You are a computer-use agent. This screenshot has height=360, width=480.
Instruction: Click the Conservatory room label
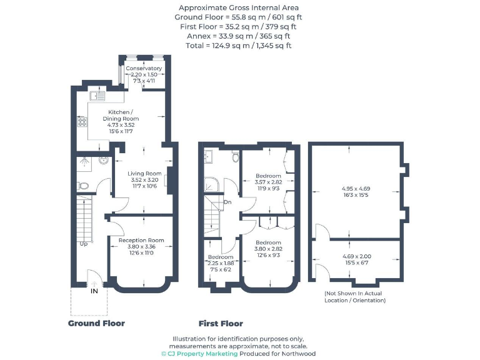[144, 68]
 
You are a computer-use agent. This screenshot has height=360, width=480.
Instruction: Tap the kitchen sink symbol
[97, 96]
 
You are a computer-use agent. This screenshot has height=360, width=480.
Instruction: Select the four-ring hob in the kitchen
[81, 122]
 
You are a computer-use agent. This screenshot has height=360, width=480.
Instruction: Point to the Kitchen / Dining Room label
[124, 115]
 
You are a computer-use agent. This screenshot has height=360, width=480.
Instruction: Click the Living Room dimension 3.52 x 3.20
[145, 179]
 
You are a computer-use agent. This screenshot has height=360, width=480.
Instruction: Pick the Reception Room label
[141, 240]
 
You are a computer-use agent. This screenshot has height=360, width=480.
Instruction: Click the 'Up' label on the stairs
[82, 243]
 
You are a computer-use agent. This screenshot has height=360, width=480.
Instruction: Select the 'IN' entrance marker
[94, 291]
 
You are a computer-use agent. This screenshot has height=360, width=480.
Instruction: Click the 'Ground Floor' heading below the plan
[96, 323]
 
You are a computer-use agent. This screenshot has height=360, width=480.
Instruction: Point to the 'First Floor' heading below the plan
[221, 323]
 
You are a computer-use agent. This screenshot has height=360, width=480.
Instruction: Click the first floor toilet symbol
[234, 156]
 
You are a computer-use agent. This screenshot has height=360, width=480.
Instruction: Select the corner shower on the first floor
[211, 184]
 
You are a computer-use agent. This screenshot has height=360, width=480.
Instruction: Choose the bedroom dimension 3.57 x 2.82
[268, 182]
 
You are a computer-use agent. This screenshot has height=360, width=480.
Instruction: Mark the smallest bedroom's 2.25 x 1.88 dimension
[220, 263]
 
